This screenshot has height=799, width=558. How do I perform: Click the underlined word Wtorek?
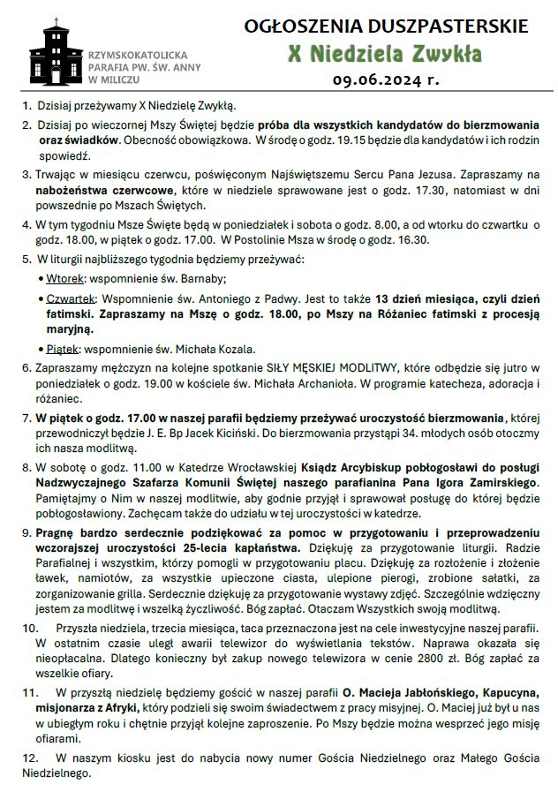pyautogui.click(x=68, y=276)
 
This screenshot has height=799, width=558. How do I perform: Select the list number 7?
pyautogui.click(x=26, y=418)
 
